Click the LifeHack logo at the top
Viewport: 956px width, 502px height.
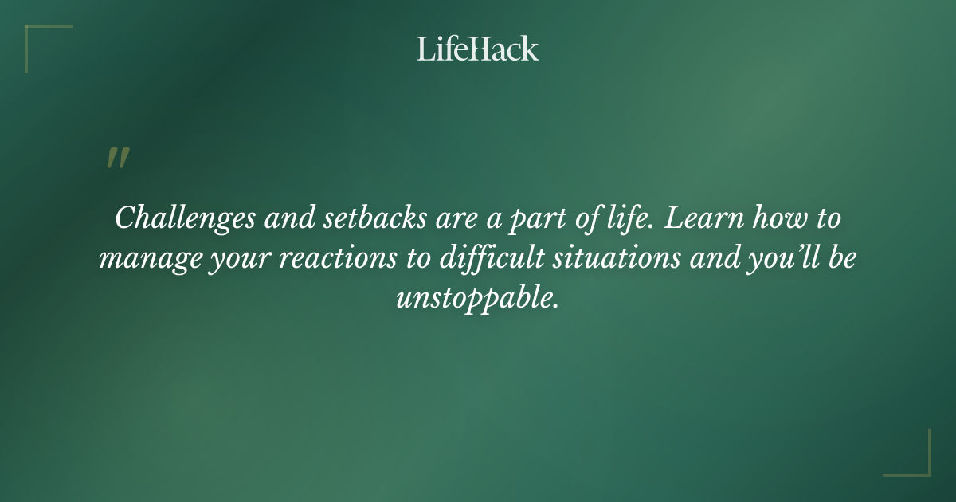[478, 49]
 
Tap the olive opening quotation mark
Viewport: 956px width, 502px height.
[117, 158]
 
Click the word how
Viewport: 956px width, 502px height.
[784, 218]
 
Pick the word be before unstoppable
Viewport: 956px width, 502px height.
[843, 259]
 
